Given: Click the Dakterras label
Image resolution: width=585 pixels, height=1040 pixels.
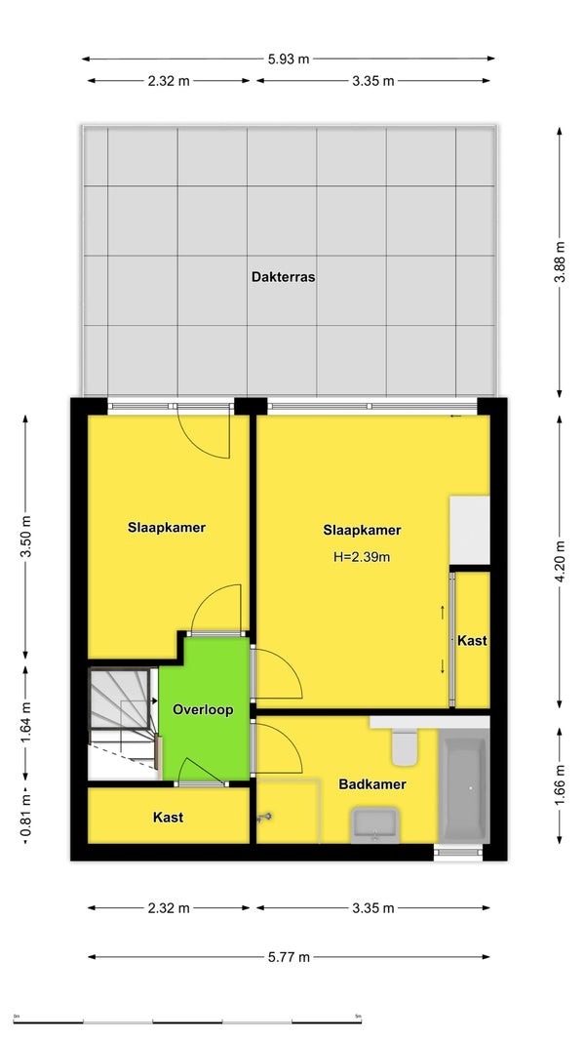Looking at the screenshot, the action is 283,277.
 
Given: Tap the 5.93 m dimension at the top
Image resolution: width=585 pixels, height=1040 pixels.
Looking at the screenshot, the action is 289,59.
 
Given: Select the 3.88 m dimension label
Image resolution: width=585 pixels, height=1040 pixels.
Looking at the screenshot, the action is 560,262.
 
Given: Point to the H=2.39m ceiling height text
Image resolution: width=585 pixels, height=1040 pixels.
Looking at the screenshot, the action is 362,558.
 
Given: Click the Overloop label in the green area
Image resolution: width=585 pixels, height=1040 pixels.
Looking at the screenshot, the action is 203,709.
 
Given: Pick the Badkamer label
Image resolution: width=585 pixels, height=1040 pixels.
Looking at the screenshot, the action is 372,784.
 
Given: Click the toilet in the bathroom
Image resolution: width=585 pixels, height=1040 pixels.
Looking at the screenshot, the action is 404,745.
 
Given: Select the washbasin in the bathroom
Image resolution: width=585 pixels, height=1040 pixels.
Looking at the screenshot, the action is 374,824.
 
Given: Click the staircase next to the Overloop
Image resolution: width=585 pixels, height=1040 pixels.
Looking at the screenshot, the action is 123,724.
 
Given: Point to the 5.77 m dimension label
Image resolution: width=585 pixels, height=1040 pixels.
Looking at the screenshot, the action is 289,957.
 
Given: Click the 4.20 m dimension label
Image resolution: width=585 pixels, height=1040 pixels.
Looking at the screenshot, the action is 560,563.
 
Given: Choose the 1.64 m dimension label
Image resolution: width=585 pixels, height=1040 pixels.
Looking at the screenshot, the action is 26,724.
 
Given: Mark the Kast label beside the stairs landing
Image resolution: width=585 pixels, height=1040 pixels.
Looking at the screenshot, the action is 169,818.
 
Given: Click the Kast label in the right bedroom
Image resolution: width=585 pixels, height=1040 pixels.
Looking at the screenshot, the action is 472,641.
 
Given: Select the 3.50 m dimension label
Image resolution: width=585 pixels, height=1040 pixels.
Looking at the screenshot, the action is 26,538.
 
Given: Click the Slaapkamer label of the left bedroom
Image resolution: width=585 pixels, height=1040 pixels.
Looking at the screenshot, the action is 167,528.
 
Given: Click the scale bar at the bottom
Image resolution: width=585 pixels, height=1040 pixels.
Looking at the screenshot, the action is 187,1021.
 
